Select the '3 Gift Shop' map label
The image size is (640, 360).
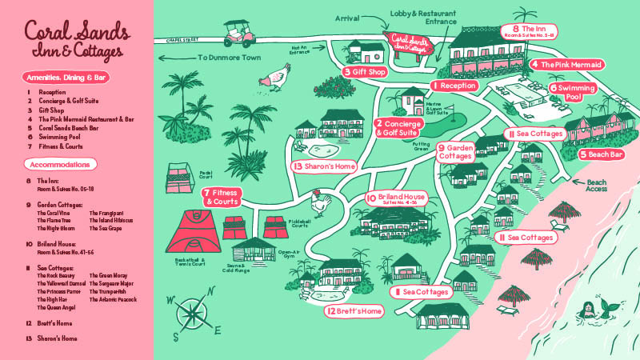365,72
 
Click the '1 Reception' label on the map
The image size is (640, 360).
454,85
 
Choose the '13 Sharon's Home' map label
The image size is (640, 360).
322,166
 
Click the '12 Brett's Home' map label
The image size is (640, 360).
350,310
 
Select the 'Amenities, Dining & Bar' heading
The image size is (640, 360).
66,78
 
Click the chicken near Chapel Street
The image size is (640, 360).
278,78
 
